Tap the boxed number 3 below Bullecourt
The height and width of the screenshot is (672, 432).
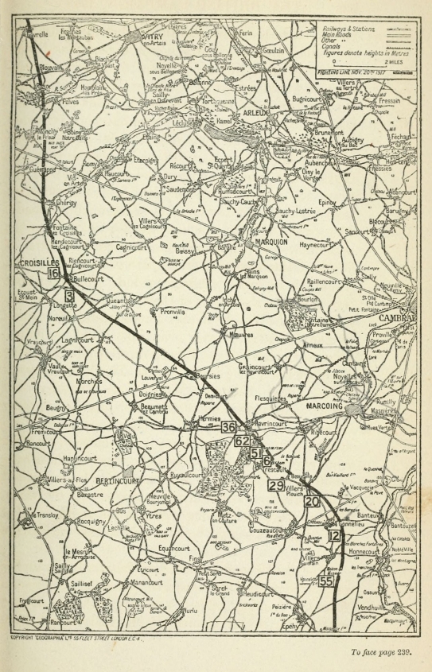pos(70,296)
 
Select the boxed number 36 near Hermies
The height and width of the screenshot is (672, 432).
pos(229,428)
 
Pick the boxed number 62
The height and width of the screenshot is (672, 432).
pos(243,441)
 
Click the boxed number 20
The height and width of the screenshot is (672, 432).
pos(312,501)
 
